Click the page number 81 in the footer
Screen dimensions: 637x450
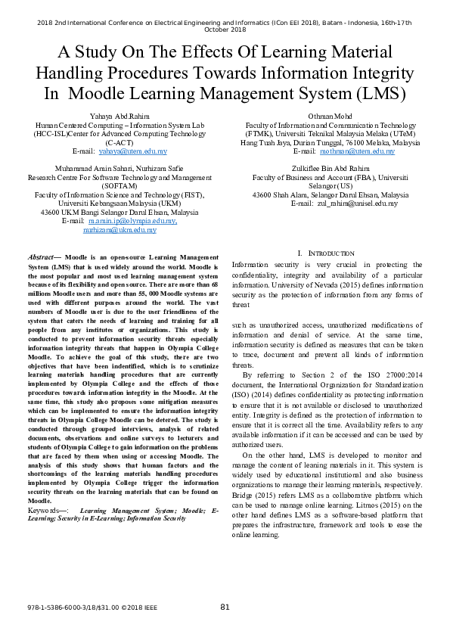point(225,607)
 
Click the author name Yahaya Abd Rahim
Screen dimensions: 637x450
point(120,116)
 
